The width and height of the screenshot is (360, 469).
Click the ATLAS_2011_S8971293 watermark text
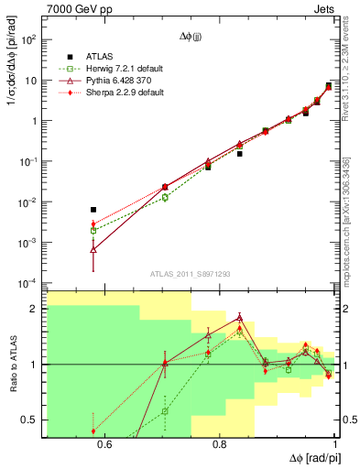[x=191, y=274]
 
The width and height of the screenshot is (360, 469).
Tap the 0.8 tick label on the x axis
[x=219, y=445]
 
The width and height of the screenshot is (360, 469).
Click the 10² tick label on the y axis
[x=29, y=40]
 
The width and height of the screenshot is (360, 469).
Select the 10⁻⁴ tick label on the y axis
[x=29, y=282]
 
